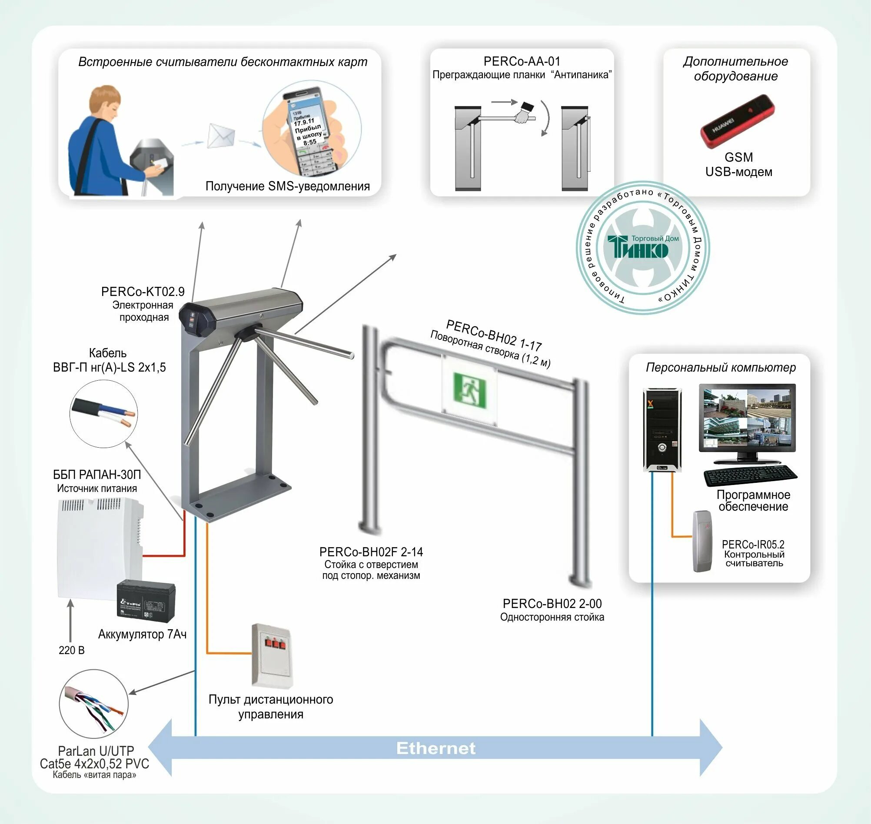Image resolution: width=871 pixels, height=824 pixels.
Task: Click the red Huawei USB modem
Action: coord(737,122)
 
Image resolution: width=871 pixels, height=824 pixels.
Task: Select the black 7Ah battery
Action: coord(146,602)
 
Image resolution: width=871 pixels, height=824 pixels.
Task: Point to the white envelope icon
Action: coord(221,136)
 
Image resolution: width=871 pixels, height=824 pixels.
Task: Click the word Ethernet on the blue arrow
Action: coord(436,748)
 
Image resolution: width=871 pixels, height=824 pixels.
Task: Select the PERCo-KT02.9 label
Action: coord(143,292)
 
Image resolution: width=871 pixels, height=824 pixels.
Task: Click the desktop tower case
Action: coord(662,429)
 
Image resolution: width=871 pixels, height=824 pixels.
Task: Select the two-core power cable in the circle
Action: coord(103,414)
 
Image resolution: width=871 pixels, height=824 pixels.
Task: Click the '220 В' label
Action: coord(72,650)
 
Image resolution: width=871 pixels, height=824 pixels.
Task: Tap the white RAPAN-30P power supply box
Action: coord(100,547)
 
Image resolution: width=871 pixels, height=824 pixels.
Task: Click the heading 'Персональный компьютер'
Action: coord(720,367)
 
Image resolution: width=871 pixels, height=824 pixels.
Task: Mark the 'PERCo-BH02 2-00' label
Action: coord(552,604)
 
